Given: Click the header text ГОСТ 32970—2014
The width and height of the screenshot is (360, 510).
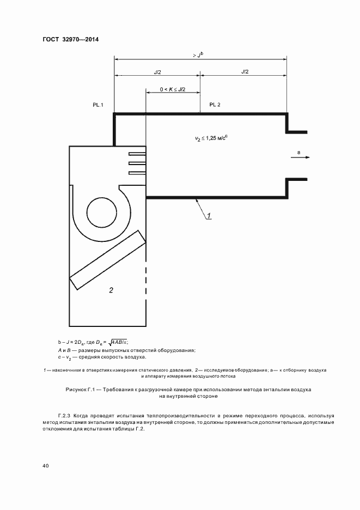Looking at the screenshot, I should pyautogui.click(x=66, y=39).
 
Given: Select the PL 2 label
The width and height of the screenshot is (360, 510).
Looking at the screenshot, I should pyautogui.click(x=215, y=104).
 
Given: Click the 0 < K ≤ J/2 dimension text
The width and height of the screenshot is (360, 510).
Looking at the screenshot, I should pyautogui.click(x=173, y=89).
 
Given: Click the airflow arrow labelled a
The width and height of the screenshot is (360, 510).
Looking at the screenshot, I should pyautogui.click(x=303, y=157).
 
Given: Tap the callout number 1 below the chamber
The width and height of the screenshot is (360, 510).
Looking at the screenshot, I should pyautogui.click(x=209, y=216).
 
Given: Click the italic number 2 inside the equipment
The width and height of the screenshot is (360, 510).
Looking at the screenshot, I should pyautogui.click(x=111, y=290).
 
